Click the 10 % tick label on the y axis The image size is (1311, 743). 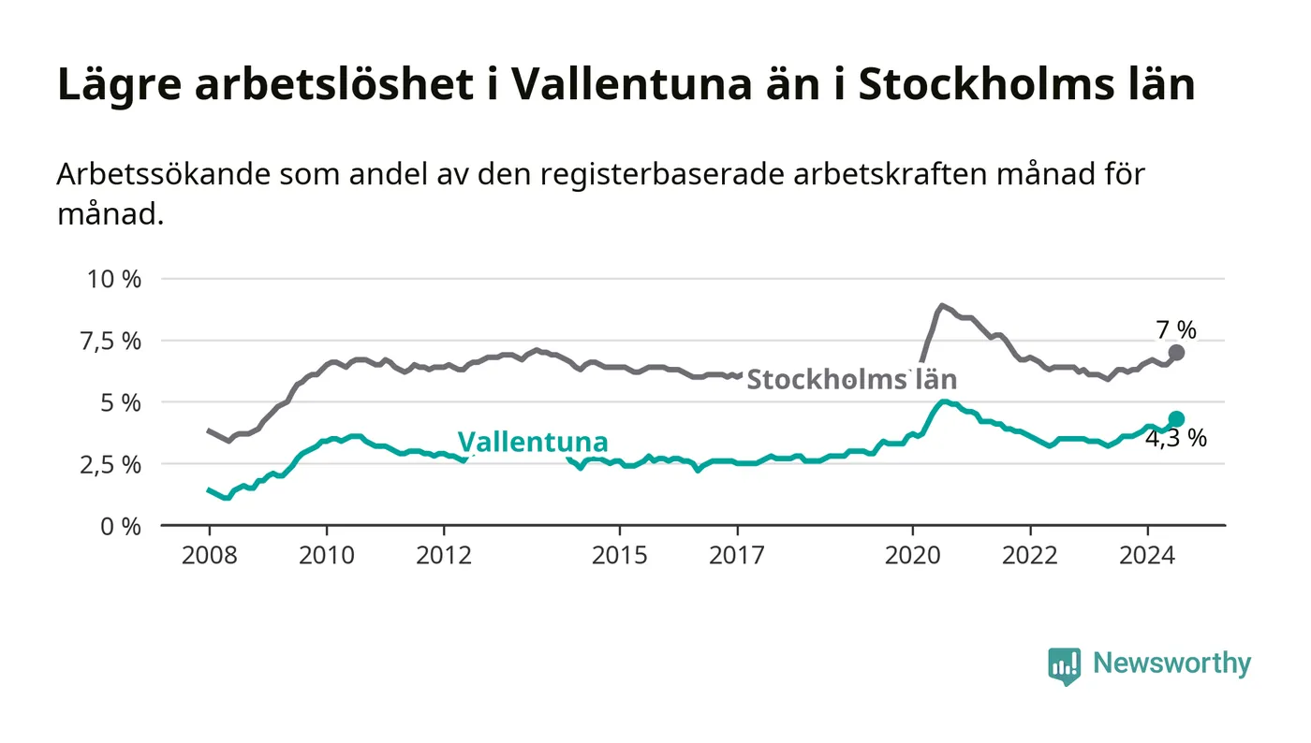114,279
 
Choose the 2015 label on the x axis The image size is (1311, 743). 620,555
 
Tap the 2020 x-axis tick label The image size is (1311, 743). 913,555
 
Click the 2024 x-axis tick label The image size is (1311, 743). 1147,555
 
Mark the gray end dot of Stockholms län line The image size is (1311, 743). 1177,353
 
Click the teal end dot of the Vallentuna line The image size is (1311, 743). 1177,419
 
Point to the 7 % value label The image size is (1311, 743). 1176,329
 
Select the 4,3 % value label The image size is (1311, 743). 1176,439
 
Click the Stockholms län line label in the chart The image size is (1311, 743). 851,379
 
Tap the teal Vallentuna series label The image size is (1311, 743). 532,442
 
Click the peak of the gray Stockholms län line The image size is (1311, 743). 942,306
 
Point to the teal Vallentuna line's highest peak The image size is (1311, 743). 944,401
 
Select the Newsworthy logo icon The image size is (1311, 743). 1064,665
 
